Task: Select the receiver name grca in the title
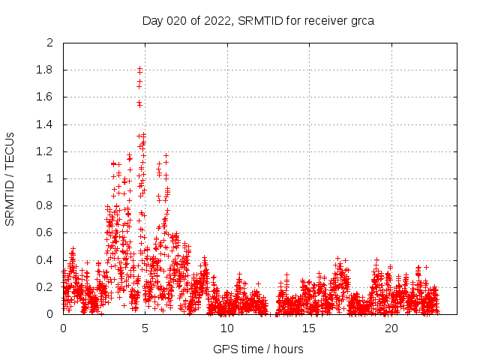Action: tap(361, 20)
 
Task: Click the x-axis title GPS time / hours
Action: tap(258, 349)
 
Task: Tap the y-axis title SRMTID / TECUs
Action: tap(10, 178)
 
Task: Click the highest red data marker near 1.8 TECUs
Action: tap(139, 69)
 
